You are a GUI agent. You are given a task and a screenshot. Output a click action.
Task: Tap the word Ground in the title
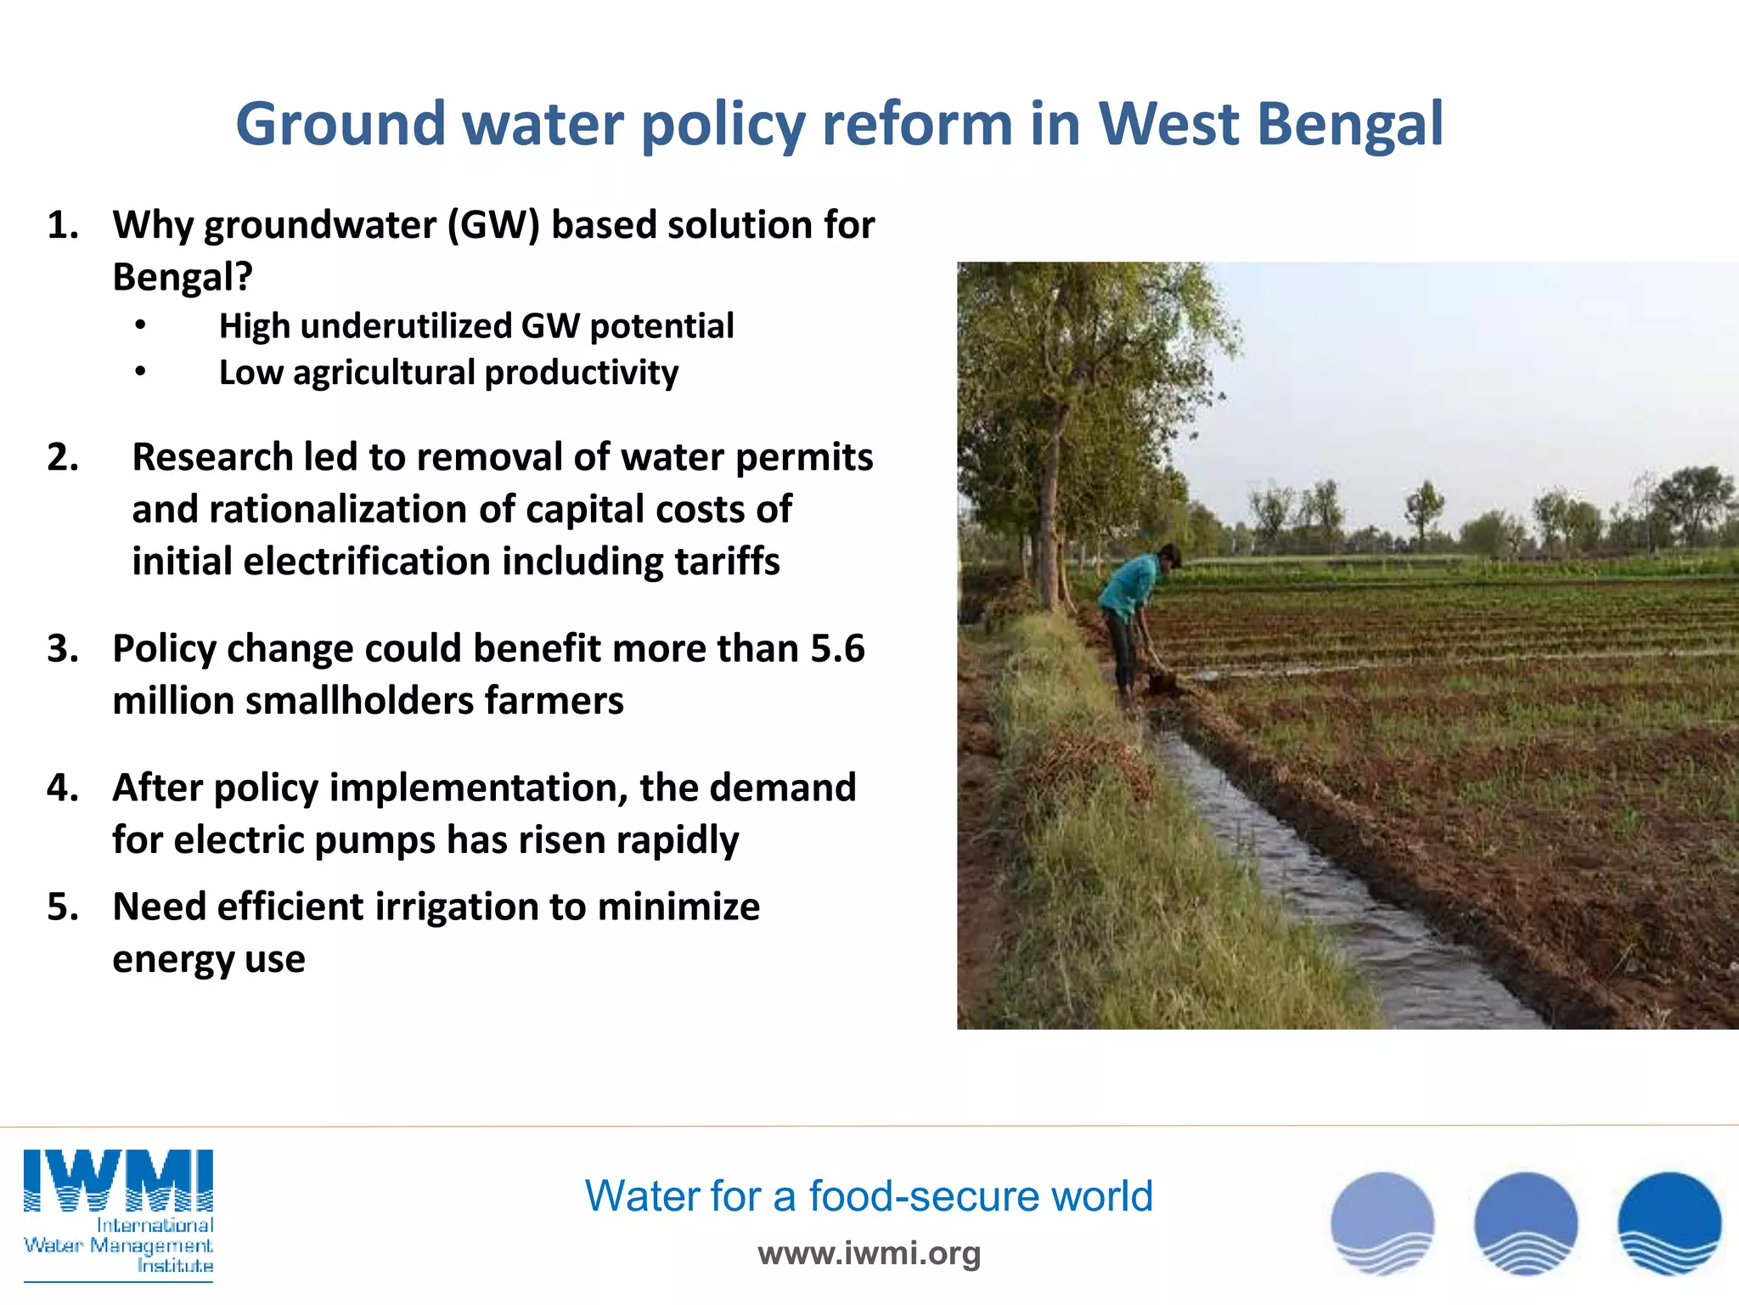(x=340, y=125)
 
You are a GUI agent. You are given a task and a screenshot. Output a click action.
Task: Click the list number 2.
(x=64, y=458)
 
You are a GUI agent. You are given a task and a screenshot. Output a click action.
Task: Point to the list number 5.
(x=64, y=907)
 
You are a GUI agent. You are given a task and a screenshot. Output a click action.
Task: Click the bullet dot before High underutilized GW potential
(x=141, y=326)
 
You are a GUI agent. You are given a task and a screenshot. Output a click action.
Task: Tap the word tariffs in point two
(x=727, y=562)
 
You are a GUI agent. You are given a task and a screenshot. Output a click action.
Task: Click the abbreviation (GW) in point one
(x=493, y=226)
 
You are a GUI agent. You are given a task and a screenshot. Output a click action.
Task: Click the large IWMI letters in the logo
(x=118, y=1181)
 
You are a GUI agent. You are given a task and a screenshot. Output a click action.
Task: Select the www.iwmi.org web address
(x=869, y=1253)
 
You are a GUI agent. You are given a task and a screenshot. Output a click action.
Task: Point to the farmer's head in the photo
(x=1169, y=556)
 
